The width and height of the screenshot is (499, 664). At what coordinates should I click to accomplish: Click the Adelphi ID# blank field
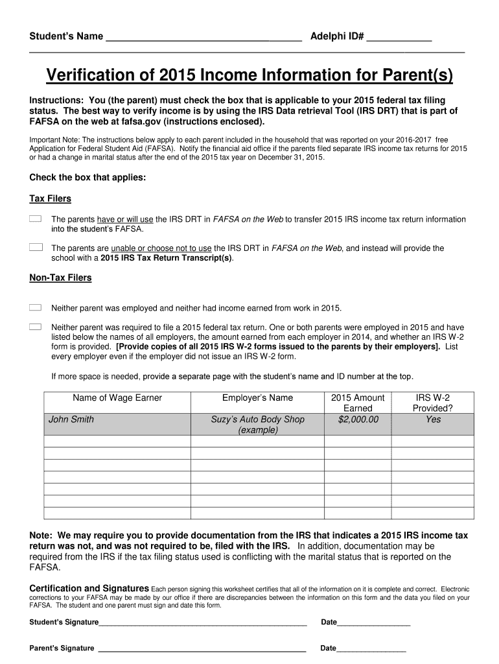click(x=399, y=37)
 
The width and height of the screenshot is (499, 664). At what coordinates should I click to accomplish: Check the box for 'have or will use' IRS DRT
click(x=36, y=219)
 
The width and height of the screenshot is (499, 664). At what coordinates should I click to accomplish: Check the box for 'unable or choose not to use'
click(x=36, y=248)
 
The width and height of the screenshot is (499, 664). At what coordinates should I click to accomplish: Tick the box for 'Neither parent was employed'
click(x=36, y=307)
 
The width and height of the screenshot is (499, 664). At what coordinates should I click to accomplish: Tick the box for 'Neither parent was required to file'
click(x=36, y=327)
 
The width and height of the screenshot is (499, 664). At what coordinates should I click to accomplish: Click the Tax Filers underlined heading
click(x=51, y=198)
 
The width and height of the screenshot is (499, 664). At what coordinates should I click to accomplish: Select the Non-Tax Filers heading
click(x=60, y=278)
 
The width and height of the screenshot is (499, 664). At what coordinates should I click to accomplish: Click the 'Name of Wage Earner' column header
click(x=117, y=397)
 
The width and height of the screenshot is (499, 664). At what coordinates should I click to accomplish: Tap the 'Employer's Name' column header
click(x=257, y=397)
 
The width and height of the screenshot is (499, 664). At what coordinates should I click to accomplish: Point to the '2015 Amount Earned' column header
click(x=358, y=403)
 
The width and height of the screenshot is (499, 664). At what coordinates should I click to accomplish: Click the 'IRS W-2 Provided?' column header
click(x=433, y=403)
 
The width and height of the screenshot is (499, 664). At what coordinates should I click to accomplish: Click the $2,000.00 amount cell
click(x=358, y=420)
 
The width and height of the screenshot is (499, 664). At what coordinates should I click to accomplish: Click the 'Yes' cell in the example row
click(x=433, y=420)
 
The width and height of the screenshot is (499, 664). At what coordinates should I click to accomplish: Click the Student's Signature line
click(x=202, y=622)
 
